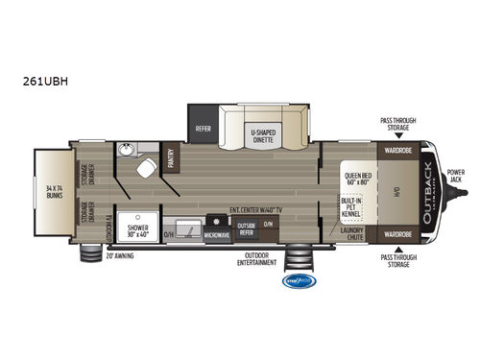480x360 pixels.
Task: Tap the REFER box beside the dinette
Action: pyautogui.click(x=204, y=126)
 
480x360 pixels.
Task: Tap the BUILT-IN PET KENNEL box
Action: pyautogui.click(x=349, y=207)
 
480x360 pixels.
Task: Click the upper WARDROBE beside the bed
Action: pyautogui.click(x=398, y=150)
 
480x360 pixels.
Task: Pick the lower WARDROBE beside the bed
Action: pyautogui.click(x=398, y=232)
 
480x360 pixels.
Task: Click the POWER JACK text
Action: pyautogui.click(x=457, y=177)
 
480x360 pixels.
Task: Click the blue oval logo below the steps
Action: pyautogui.click(x=297, y=281)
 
